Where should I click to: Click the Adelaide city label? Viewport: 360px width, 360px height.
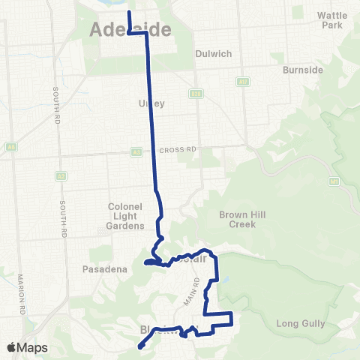[x=130, y=30]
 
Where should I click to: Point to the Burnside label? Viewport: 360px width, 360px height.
[x=302, y=70]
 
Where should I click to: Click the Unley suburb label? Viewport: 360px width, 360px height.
[x=151, y=103]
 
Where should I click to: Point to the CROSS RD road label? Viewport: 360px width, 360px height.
[x=177, y=150]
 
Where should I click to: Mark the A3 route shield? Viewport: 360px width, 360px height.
[x=136, y=151]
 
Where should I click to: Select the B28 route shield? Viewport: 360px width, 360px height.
[x=196, y=94]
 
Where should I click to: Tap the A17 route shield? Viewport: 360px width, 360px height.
[x=243, y=82]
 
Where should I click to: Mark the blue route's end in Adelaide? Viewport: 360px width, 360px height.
[x=129, y=13]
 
